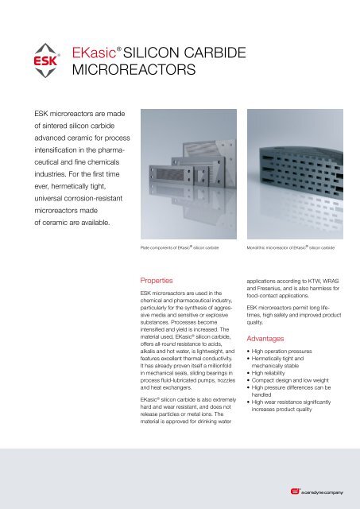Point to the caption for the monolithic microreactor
[291, 249]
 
